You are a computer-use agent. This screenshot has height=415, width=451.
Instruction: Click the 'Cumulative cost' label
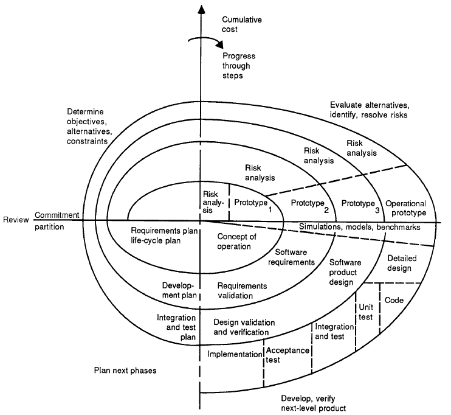[x=241, y=24]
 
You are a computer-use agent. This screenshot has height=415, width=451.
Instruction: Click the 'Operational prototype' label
[x=406, y=208]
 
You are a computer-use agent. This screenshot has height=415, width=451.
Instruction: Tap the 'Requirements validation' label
[x=233, y=290]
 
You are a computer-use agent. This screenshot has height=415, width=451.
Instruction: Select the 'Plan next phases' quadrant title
[x=122, y=369]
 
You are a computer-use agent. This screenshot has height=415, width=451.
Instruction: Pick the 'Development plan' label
[x=177, y=290]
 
